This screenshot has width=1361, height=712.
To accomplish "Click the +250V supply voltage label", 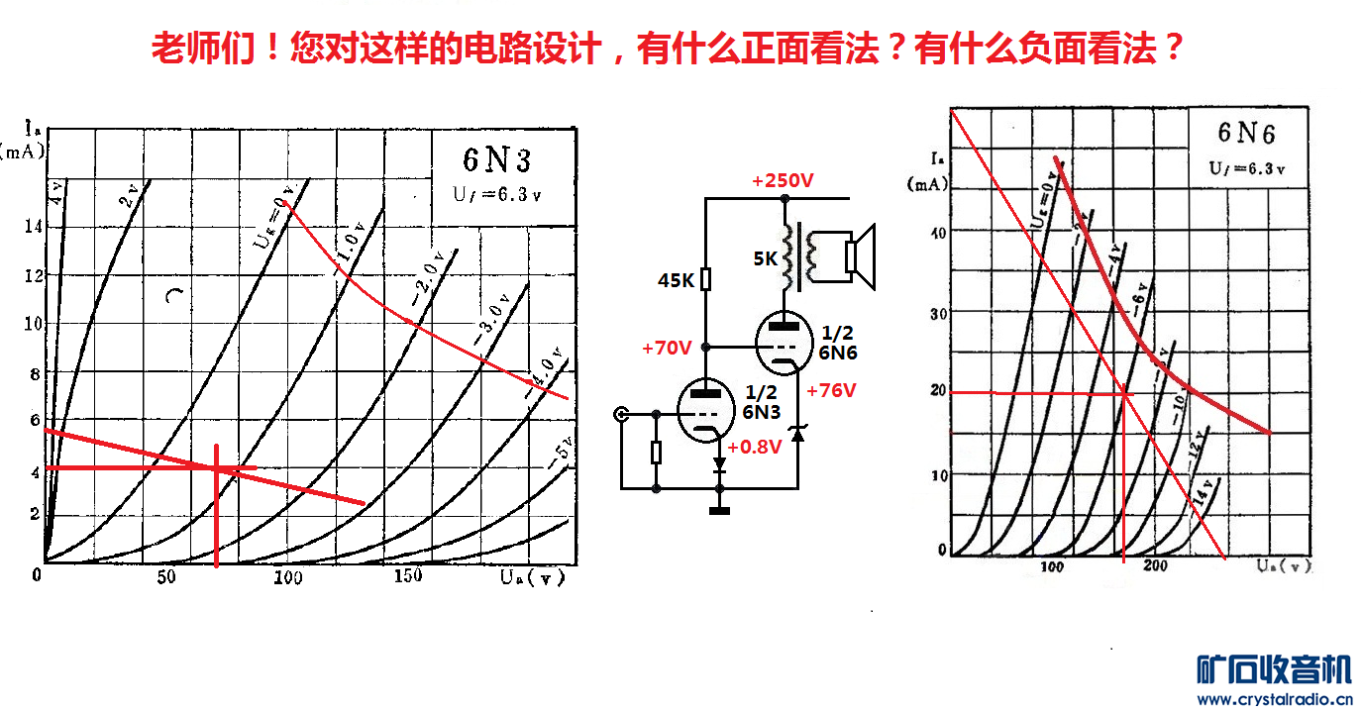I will [x=783, y=181].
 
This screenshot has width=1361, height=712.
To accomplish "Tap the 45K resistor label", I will [x=676, y=281].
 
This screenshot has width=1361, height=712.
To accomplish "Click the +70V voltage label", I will [x=666, y=348].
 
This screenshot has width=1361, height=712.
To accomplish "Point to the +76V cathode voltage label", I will [x=830, y=390].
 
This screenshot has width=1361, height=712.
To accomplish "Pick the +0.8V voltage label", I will [x=755, y=447].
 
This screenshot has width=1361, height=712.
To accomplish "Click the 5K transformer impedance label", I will [x=766, y=259].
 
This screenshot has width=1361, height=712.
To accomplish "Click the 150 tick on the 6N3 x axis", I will [x=406, y=577].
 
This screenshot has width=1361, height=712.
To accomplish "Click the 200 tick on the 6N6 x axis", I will [x=1155, y=566].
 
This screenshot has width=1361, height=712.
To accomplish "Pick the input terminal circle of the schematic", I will [x=622, y=414].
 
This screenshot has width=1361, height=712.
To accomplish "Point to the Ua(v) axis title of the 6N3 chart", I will [x=532, y=577].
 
